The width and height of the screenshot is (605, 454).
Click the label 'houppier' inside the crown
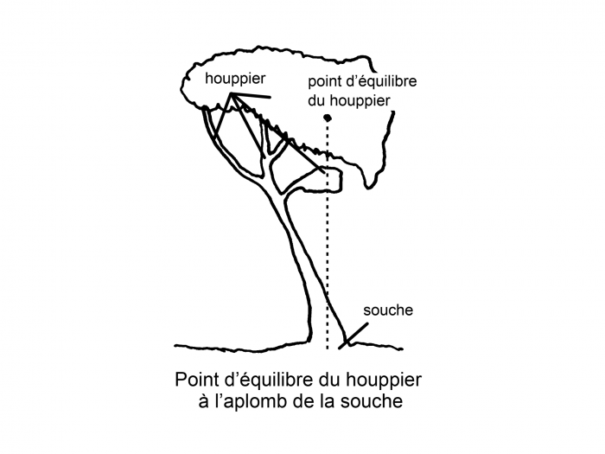(235, 80)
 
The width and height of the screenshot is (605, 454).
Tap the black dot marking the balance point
(328, 118)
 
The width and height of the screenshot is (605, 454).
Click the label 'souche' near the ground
(388, 310)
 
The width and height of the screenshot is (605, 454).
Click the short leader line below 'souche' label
(353, 336)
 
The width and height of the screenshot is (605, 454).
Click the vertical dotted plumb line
(328, 234)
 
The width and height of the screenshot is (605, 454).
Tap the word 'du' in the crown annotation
(316, 101)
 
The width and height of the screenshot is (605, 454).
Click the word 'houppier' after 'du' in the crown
(360, 101)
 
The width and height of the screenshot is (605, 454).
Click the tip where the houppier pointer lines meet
(232, 93)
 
